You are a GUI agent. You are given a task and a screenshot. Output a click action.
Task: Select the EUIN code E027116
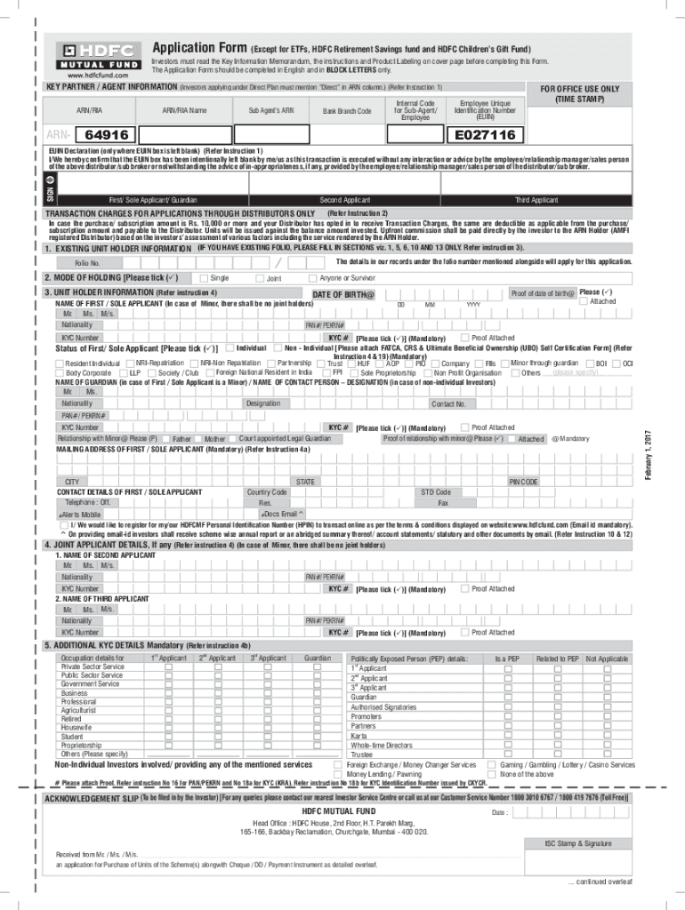coord(485,135)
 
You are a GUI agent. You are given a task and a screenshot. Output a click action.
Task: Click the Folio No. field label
coord(87,264)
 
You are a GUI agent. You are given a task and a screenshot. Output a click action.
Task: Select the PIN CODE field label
coord(523,482)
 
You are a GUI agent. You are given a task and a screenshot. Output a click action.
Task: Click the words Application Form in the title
coord(198,47)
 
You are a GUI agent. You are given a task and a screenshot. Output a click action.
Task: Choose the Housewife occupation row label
coord(77,727)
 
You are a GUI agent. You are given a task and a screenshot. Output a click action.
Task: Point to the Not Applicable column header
coord(607,659)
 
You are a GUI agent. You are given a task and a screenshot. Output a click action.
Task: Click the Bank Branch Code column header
coord(346,111)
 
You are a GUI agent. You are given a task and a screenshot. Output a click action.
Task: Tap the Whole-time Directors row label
coord(381,746)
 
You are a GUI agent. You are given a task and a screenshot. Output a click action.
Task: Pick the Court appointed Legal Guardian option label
coord(285,439)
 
